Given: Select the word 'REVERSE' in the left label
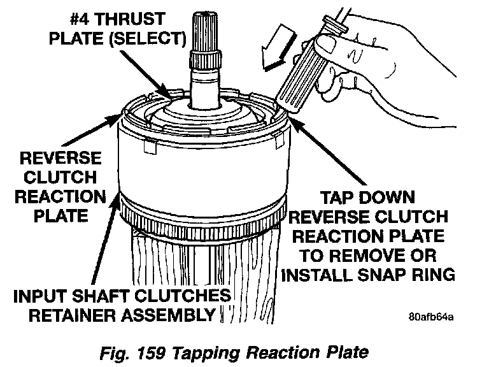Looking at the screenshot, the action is [53, 156].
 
